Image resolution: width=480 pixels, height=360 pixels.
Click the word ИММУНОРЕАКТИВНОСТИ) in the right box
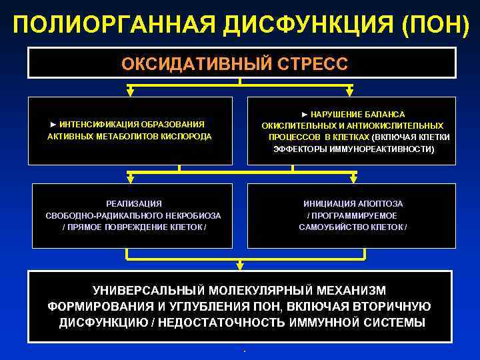(x=387, y=149)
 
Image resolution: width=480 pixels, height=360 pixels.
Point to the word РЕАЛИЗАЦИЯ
(x=134, y=203)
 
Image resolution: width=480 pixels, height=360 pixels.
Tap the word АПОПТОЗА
(x=382, y=203)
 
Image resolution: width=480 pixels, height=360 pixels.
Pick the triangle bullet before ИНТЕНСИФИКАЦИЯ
(x=53, y=124)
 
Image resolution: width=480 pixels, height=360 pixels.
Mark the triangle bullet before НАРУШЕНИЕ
(x=305, y=115)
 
